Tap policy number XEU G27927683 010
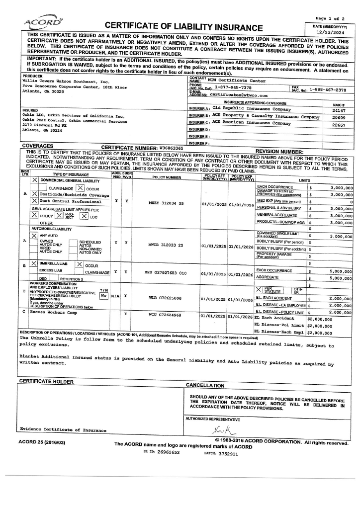tap(165, 273)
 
